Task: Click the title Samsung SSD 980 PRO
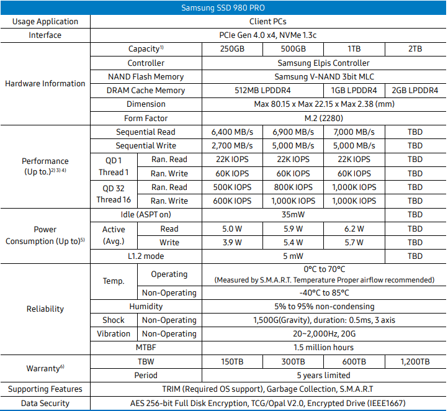[223, 8]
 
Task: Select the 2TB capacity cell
[415, 49]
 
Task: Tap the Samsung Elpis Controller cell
[323, 63]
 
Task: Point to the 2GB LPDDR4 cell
[415, 90]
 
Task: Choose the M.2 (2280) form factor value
[323, 118]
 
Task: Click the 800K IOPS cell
[293, 187]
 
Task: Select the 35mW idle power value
[293, 215]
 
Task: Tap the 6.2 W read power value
[354, 228]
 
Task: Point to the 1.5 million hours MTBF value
[323, 347]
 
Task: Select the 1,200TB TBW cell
[415, 361]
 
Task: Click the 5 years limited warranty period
[323, 375]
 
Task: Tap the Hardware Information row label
[45, 83]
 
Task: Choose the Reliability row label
[45, 309]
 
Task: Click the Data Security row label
[45, 403]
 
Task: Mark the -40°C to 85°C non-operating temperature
[323, 292]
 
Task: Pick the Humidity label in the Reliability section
[146, 306]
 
